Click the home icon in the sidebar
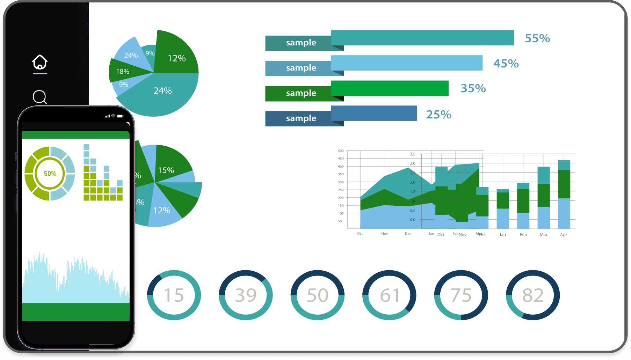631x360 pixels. [40, 62]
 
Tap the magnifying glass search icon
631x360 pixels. [39, 97]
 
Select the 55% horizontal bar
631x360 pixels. [422, 38]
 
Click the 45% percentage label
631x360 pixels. [506, 64]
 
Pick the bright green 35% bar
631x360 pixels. [390, 88]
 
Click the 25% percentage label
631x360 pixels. [438, 115]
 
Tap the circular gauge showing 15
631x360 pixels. [174, 295]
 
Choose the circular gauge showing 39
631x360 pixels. [246, 295]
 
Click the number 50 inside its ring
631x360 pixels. [317, 295]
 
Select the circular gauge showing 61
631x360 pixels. [389, 295]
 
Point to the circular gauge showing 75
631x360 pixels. [461, 295]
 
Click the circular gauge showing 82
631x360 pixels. [532, 295]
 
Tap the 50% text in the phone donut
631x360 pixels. [50, 174]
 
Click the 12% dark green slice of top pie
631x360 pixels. [176, 56]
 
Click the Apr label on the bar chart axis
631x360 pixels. [563, 235]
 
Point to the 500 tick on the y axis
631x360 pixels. [341, 151]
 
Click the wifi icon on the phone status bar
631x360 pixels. [113, 116]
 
